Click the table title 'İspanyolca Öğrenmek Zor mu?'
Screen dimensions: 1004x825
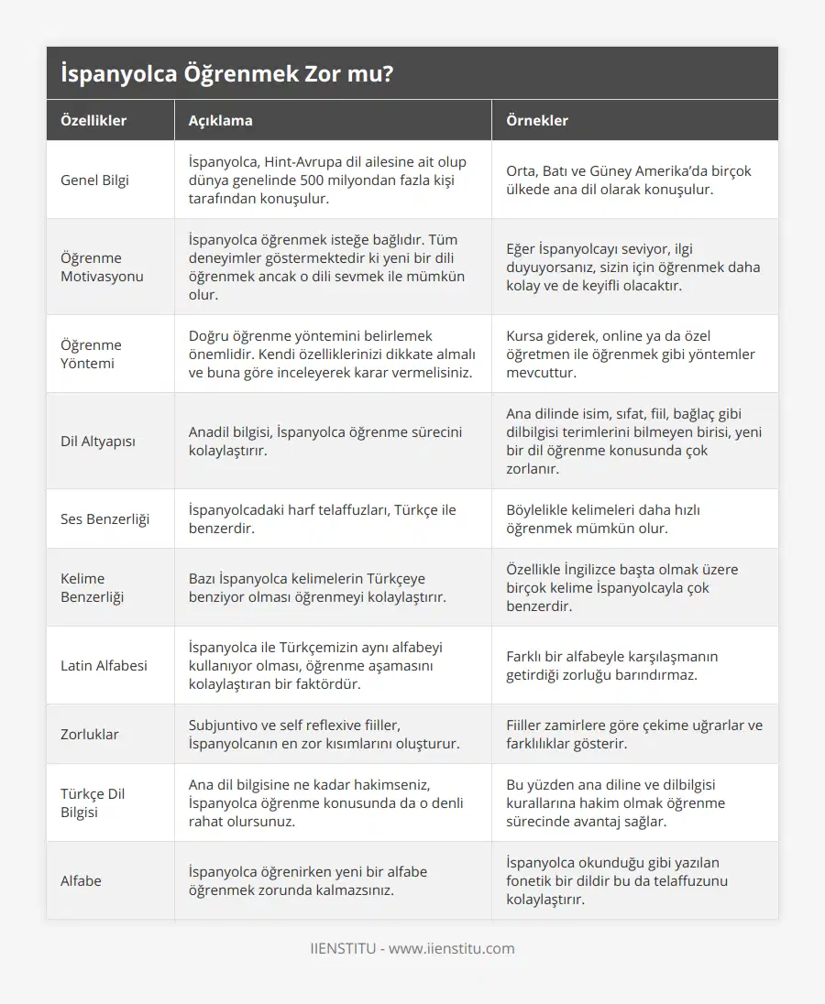228,74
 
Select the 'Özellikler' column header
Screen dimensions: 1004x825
93,120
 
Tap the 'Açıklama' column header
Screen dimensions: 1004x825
220,120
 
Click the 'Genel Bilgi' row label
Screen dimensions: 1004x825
94,180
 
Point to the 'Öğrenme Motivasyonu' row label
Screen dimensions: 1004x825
102,267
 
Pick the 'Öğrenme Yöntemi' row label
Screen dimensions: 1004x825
91,354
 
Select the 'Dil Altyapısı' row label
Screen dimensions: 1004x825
98,441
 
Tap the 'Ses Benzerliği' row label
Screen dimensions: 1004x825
104,518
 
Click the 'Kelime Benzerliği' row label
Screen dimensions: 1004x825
92,587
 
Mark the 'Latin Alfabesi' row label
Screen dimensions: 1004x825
104,665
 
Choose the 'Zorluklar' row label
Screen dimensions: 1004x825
89,734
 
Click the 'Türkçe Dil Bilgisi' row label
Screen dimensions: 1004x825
93,802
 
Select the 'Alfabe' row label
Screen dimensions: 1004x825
81,880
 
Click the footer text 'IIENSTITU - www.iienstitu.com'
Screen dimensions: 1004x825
412,948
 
